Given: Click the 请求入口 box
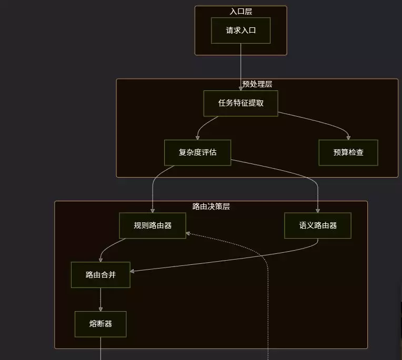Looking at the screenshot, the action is [241, 30].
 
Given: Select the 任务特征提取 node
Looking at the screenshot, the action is [241, 103].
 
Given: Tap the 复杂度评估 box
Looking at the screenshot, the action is [198, 152].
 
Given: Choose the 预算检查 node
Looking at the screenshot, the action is [348, 152].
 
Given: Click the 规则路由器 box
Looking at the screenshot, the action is [153, 225].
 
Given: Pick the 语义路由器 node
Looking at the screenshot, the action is [318, 225].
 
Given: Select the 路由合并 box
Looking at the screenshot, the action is [100, 275].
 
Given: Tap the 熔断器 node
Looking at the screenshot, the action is [100, 324].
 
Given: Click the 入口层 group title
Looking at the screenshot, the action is [241, 12].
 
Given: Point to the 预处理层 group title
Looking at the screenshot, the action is [257, 84].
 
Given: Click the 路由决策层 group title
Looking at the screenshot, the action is [211, 207].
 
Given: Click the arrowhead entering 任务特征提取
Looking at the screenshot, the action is [241, 89].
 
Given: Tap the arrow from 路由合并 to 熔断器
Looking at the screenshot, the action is [100, 300].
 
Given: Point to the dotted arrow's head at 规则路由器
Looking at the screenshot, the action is [188, 233].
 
